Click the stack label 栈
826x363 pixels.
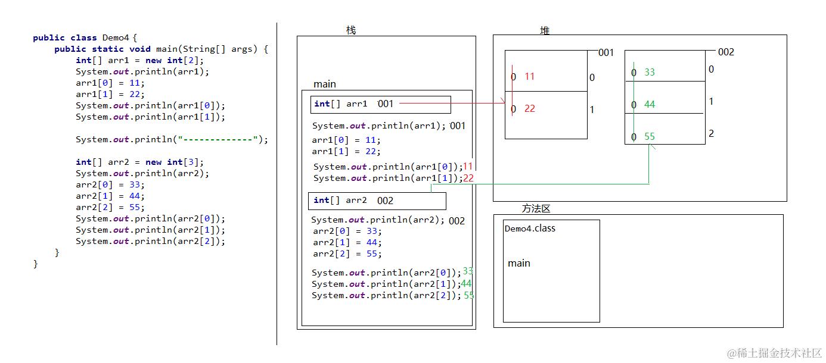(351, 30)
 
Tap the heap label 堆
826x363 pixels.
(545, 30)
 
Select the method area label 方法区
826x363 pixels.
(536, 209)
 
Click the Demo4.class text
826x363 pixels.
(530, 229)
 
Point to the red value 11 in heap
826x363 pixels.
(530, 76)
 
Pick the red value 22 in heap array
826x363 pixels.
(530, 109)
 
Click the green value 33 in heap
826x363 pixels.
(650, 72)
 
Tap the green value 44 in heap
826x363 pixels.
(650, 105)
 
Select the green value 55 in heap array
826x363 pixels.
(650, 137)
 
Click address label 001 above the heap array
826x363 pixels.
(606, 52)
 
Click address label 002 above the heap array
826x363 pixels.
(726, 52)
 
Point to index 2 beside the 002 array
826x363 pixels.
(712, 133)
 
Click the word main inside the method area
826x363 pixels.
(519, 263)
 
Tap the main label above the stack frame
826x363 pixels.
(324, 85)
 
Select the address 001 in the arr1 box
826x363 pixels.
(386, 104)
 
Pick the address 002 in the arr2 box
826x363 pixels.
(385, 201)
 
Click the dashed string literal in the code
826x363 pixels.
(218, 139)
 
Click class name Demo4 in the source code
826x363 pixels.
(116, 37)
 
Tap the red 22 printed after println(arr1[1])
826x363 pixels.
(468, 178)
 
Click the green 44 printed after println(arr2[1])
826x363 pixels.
(466, 284)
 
